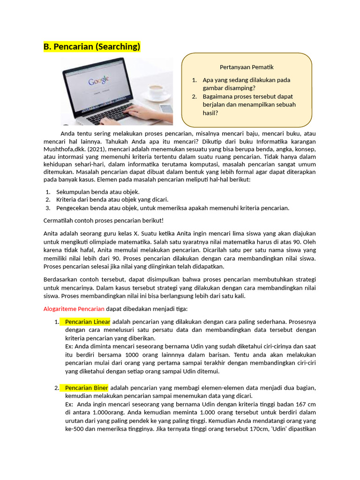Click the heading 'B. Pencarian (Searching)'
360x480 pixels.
point(92,47)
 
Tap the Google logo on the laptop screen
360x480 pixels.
point(98,81)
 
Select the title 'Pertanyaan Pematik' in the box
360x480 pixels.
point(247,67)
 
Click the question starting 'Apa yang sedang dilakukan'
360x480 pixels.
point(246,84)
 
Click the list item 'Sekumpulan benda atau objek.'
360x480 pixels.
point(97,192)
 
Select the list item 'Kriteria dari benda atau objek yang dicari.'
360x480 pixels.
point(112,200)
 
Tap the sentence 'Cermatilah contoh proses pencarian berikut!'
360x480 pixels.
point(104,220)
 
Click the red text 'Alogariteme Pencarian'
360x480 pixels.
point(74,309)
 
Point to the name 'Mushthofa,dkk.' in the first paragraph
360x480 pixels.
point(65,150)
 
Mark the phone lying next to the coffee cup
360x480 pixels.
point(166,108)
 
